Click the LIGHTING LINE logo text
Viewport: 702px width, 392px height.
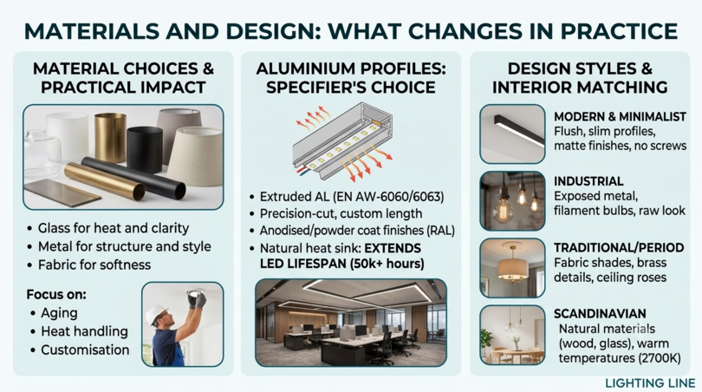[650, 383]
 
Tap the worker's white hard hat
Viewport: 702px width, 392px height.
[157, 313]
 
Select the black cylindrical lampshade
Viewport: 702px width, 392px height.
[145, 149]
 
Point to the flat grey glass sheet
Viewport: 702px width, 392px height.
[62, 193]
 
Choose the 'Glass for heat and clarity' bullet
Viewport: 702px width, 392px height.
[114, 228]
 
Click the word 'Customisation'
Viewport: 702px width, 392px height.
[85, 350]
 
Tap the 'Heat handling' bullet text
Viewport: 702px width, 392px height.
[85, 331]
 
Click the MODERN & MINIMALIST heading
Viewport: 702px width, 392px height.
[620, 117]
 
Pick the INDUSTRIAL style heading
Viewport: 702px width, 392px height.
[588, 181]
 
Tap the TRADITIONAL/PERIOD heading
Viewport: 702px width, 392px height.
[619, 248]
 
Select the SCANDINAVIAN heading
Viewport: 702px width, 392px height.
[600, 314]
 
